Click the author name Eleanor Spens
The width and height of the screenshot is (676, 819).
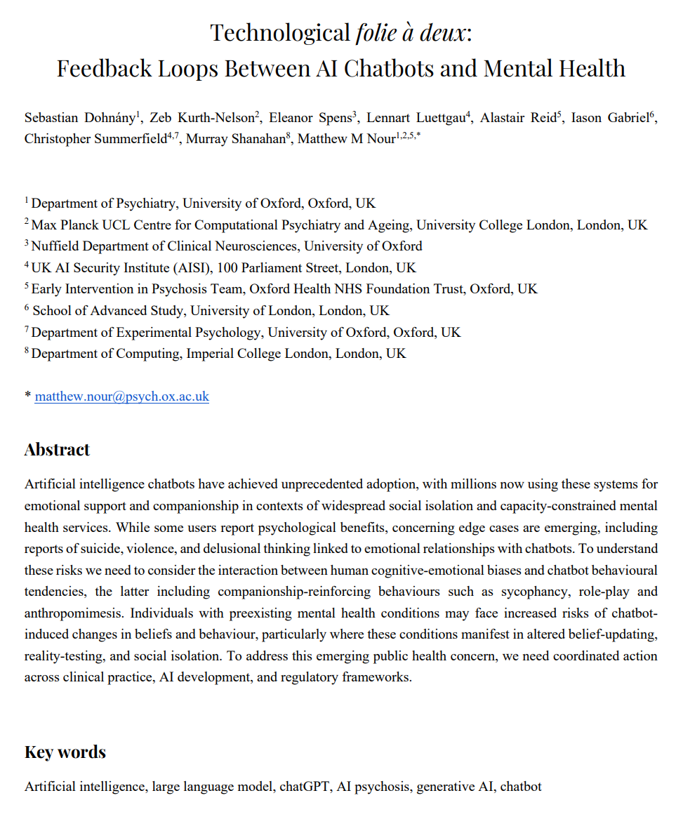click(x=312, y=118)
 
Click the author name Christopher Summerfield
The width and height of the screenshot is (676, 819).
click(x=95, y=139)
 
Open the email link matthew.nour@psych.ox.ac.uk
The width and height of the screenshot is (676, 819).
click(x=122, y=397)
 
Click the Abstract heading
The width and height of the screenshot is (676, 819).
click(x=57, y=450)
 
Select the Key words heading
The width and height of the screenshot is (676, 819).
click(x=65, y=752)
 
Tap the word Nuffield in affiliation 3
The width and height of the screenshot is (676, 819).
click(x=53, y=246)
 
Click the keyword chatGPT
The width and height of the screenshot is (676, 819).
click(x=304, y=787)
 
